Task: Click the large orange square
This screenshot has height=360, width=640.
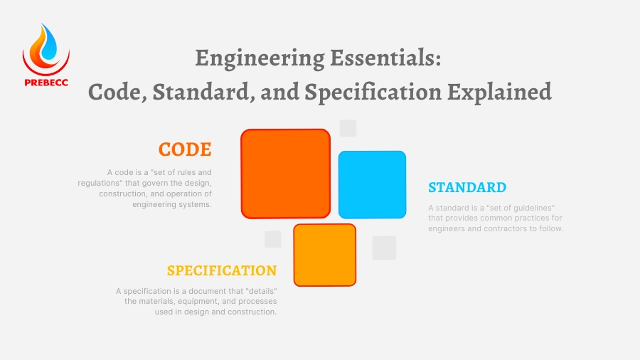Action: pyautogui.click(x=286, y=174)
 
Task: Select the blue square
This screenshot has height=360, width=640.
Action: pyautogui.click(x=372, y=184)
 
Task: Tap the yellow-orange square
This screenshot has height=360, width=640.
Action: pyautogui.click(x=325, y=255)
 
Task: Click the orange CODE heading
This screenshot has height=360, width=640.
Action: pyautogui.click(x=185, y=149)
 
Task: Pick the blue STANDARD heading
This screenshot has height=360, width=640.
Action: pyautogui.click(x=467, y=187)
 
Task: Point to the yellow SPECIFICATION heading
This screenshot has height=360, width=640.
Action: pyautogui.click(x=222, y=270)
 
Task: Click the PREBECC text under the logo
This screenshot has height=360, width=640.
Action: pyautogui.click(x=46, y=83)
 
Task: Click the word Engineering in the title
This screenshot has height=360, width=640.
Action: pyautogui.click(x=260, y=58)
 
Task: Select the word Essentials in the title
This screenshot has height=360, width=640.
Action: pyautogui.click(x=385, y=58)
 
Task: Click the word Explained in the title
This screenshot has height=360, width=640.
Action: pyautogui.click(x=500, y=92)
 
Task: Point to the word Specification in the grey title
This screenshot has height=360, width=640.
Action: pyautogui.click(x=373, y=92)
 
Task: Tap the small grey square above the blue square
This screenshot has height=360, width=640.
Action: pyautogui.click(x=348, y=128)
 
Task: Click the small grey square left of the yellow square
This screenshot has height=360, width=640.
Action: pyautogui.click(x=273, y=239)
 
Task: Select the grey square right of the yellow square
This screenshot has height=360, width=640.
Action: pyautogui.click(x=384, y=248)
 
